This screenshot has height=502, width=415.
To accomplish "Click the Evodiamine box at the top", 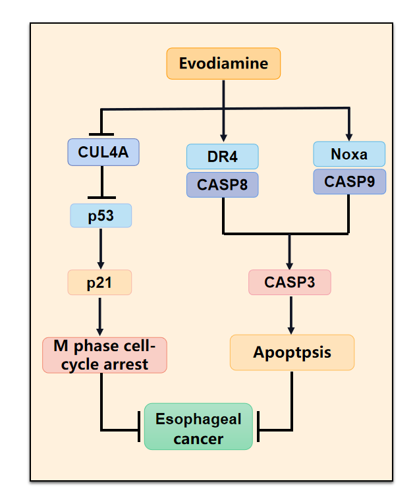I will (224, 63).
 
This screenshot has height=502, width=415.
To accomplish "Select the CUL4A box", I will (103, 152).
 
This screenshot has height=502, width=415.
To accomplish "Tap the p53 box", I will (101, 215).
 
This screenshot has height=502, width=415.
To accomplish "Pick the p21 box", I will (99, 282).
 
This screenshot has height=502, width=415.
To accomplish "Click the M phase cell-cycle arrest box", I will (105, 355).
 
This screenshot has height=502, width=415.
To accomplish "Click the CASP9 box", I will (349, 181).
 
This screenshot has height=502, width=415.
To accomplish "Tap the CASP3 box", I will (289, 282).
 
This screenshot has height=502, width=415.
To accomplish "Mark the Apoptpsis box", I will (292, 352).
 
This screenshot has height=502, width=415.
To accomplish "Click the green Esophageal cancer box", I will (198, 427).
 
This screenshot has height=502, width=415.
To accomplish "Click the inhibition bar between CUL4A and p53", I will (101, 197).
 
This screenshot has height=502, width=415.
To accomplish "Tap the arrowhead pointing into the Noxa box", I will (349, 136).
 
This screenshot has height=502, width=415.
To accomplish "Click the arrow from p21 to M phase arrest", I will (100, 316).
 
